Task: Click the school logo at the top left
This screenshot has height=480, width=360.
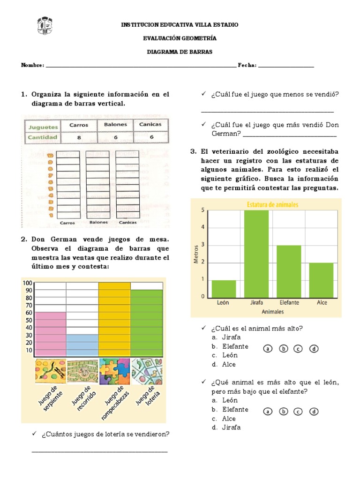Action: point(45,26)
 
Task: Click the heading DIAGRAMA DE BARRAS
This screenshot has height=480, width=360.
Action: point(180,52)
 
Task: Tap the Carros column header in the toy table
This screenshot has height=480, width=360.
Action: point(79,125)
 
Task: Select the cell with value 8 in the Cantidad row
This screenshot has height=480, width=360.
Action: point(79,138)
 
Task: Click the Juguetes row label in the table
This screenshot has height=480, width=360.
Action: point(43,127)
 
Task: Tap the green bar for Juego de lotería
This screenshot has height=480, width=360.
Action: point(146,323)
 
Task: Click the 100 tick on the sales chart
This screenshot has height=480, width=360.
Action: point(27,283)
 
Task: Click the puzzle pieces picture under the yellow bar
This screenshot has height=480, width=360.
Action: point(114,371)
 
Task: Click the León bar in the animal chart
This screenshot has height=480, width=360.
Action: point(223,288)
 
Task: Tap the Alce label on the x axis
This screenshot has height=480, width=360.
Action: point(322,303)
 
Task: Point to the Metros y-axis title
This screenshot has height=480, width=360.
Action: point(196,253)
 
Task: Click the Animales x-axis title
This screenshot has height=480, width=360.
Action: point(272,311)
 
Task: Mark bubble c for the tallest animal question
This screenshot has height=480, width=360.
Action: point(298,349)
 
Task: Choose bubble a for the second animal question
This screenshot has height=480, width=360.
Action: point(268,412)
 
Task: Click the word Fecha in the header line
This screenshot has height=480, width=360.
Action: point(247,66)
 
